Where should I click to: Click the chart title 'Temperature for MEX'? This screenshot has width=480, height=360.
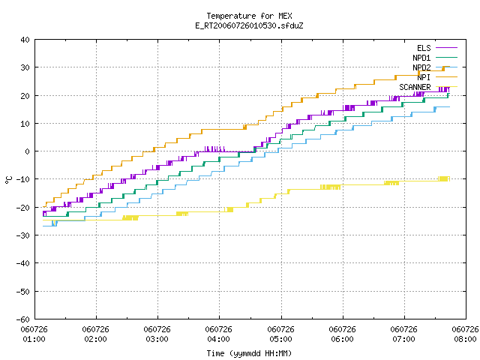[249, 16]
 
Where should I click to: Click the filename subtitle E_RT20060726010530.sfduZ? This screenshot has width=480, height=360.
[249, 25]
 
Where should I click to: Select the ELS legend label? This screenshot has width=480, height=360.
[424, 48]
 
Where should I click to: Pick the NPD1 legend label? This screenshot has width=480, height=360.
[421, 58]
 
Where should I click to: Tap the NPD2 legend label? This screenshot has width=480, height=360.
[421, 67]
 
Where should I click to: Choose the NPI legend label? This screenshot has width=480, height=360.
[424, 77]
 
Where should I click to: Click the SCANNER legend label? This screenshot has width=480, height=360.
[415, 87]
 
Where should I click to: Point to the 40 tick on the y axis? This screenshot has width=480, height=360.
[25, 40]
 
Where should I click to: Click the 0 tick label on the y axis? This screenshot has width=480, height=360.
[28, 151]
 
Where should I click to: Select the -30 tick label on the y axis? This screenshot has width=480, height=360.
[23, 235]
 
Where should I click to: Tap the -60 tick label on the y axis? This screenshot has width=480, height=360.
[23, 319]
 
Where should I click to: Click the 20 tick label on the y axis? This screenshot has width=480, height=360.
[25, 96]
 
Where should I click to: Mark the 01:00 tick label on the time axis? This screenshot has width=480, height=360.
[34, 339]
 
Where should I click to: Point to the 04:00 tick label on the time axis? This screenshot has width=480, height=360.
[218, 339]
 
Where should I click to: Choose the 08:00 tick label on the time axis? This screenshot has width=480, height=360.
[465, 339]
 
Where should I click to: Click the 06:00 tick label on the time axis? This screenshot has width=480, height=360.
[342, 339]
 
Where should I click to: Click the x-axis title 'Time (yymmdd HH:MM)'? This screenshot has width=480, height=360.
[249, 353]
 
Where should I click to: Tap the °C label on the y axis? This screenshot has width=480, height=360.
[8, 180]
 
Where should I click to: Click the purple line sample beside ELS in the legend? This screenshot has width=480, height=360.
[446, 48]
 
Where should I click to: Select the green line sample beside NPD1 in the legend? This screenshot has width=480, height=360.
[446, 58]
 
